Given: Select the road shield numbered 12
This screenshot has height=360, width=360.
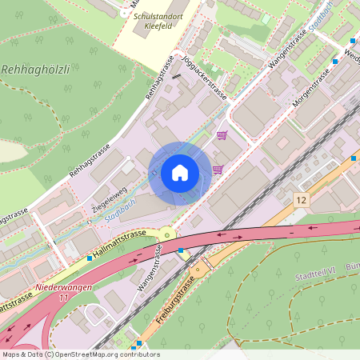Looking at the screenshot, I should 301,199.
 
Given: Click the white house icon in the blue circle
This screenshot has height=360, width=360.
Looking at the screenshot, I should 180,173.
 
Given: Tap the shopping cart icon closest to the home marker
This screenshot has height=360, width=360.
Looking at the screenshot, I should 217,170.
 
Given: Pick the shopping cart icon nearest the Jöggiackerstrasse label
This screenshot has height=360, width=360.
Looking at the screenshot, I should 222,135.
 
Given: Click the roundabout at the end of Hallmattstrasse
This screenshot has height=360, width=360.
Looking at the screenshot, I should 166,234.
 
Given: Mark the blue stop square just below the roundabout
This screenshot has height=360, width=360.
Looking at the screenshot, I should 182,250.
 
